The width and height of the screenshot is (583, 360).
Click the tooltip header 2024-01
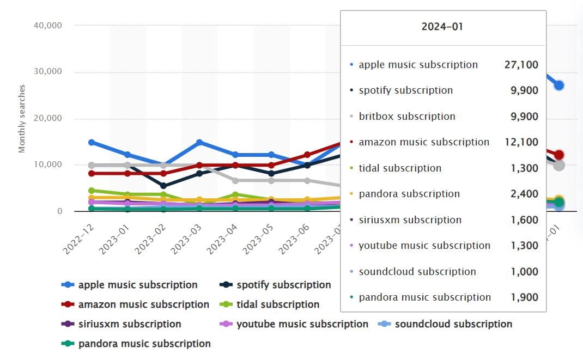pos(442,27)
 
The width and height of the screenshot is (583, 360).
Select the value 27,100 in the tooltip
pos(521,65)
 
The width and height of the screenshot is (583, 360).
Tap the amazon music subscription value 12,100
pos(521,142)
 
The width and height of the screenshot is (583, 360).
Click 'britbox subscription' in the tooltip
pos(407,117)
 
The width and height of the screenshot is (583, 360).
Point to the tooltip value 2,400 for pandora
pos(524,194)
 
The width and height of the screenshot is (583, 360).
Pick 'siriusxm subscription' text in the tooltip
pos(410,220)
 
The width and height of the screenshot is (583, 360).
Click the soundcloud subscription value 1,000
pos(524,272)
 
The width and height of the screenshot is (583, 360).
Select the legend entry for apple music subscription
pos(137,285)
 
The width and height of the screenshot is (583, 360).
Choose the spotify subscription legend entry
pos(283,285)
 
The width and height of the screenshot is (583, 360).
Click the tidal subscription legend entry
pos(277,304)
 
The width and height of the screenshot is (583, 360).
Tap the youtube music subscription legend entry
pos(302,324)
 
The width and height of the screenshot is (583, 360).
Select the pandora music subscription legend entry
pos(144,344)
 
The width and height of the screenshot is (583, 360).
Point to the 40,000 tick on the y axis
pos(47,25)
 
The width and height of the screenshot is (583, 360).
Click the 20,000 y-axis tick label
pos(47,118)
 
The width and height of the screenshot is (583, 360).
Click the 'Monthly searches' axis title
pos(22,118)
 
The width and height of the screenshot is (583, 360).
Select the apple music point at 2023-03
pos(199,143)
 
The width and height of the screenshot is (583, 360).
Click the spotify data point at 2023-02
pos(163,186)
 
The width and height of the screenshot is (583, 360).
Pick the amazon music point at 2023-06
pos(307,155)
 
